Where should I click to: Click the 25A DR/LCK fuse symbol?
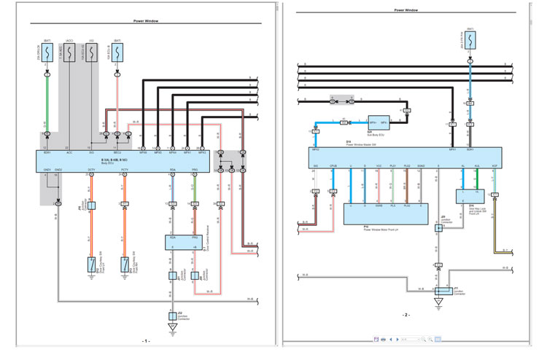point(48,52)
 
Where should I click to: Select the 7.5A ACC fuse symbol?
point(70,52)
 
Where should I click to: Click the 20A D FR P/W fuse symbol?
point(470,44)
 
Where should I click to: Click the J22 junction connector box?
point(173,316)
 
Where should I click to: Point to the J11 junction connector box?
point(438,291)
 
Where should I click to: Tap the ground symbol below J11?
point(438,302)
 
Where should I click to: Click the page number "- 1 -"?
point(146,341)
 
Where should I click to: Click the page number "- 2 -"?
point(406,315)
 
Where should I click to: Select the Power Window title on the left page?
point(146,21)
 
